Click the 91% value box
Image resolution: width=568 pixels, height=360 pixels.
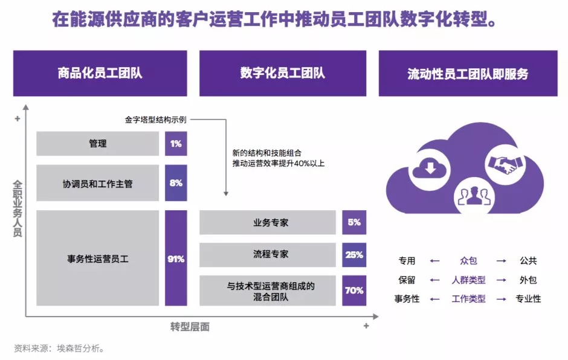point(176,259)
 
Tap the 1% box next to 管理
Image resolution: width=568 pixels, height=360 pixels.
point(176,144)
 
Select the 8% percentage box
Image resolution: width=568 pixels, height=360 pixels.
point(176,183)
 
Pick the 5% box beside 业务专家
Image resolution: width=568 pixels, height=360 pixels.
point(354,222)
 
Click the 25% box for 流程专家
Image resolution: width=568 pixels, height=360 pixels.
point(354,255)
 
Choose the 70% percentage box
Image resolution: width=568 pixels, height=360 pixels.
point(354,291)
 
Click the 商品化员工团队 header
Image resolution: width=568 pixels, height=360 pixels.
point(100,74)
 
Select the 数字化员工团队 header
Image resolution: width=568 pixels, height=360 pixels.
point(282,74)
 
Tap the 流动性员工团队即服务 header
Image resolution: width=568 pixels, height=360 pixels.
point(468,74)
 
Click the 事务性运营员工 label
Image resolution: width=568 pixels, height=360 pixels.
point(98,259)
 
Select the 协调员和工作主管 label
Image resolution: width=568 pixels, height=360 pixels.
point(98,183)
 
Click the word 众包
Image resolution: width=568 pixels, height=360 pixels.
point(468,261)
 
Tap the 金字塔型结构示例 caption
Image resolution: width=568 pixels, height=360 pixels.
point(151,120)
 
